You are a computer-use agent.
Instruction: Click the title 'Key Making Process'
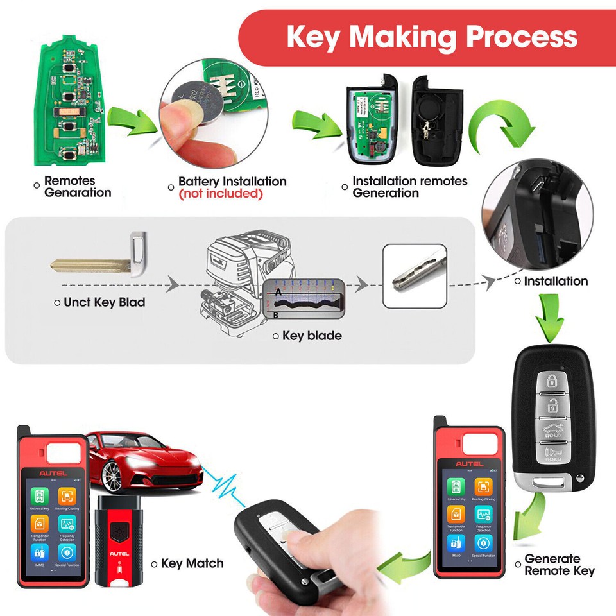(x=431, y=37)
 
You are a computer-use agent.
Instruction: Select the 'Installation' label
(x=555, y=281)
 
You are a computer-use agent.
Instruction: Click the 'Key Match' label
(x=192, y=563)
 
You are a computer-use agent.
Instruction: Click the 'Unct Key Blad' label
(x=104, y=302)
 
